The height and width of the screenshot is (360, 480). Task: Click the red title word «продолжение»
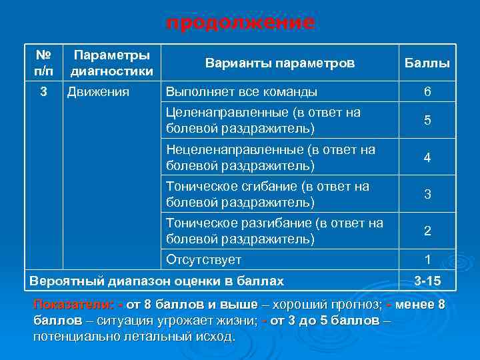click(240, 23)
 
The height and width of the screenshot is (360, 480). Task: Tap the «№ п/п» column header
click(43, 63)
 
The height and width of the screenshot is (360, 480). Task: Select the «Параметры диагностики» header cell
click(112, 63)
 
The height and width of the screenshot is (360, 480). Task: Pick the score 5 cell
click(427, 121)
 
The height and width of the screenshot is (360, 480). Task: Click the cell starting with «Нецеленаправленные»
click(270, 157)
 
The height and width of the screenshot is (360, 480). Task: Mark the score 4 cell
click(427, 158)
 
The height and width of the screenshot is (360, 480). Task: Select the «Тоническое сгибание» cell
click(267, 193)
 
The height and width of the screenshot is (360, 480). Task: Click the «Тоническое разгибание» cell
click(274, 230)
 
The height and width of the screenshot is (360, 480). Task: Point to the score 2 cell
click(427, 231)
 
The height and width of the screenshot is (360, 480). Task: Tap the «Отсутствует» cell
click(203, 260)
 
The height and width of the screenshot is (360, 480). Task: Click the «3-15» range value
click(427, 281)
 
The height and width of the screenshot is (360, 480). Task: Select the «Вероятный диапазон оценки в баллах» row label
click(156, 281)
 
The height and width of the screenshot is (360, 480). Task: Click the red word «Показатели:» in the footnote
click(73, 305)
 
